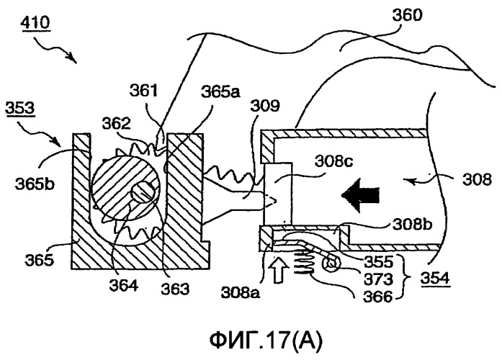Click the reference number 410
35,23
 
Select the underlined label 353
20,108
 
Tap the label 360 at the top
407,15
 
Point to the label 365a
221,92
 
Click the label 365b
35,184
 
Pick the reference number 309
265,106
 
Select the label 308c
333,161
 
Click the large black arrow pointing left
360,196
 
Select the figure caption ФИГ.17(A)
266,341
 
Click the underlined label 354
435,277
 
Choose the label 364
124,285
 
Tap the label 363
175,289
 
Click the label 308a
240,292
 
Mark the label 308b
413,225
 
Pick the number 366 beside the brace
378,297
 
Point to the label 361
144,91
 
